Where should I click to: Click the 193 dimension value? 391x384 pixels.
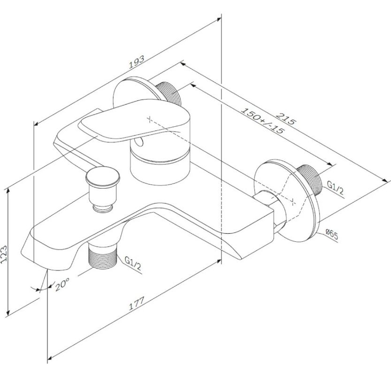point(137,62)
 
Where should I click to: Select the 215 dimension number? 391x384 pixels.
point(286,119)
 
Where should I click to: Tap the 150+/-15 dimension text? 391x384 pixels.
point(262,121)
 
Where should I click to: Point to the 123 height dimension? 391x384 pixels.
point(4,254)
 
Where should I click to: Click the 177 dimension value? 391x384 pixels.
point(137,303)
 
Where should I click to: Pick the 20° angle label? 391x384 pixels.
point(62,284)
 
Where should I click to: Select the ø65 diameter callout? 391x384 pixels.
point(332,234)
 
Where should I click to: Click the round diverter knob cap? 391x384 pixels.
point(103,176)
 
